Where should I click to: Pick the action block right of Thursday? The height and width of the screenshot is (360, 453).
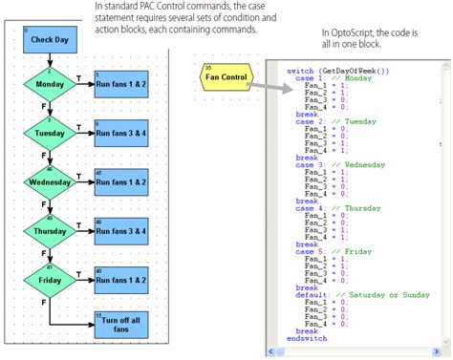(x=121, y=230)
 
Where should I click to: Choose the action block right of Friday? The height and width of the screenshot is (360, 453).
(x=121, y=280)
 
